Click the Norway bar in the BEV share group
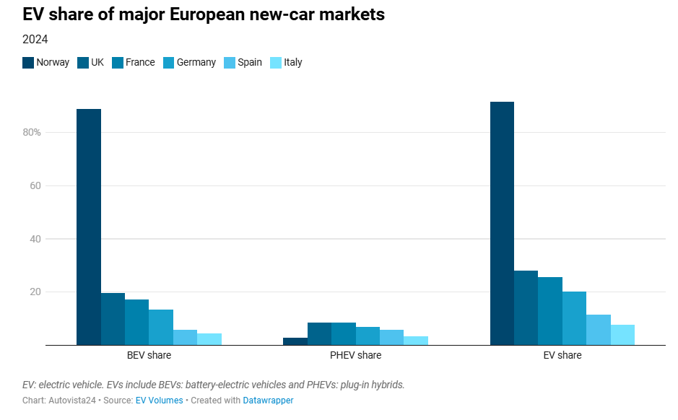(x=89, y=227)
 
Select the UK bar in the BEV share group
(x=113, y=319)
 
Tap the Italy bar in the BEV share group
(x=209, y=339)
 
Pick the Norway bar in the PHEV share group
(x=295, y=341)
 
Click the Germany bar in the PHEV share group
(x=368, y=336)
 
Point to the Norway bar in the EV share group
(x=502, y=223)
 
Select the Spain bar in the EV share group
(x=599, y=330)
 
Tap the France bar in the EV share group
(x=550, y=311)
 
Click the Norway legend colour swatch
(x=28, y=63)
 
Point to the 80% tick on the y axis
(x=31, y=133)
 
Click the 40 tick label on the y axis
(x=35, y=239)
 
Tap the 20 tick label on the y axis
(x=35, y=292)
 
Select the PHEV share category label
(x=355, y=356)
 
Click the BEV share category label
(x=149, y=356)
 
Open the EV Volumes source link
(x=159, y=401)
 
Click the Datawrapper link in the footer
(x=268, y=401)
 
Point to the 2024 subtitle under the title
(x=35, y=40)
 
